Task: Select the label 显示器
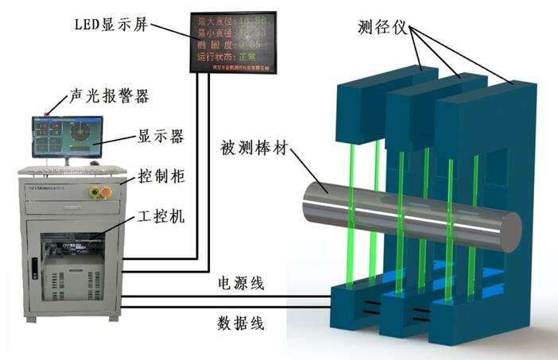(161, 137)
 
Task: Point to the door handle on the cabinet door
(33, 269)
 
